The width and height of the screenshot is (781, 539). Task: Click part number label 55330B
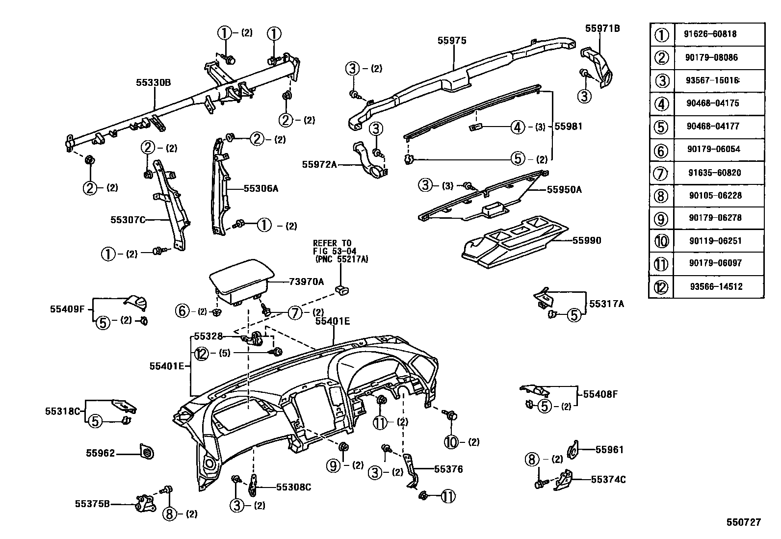(153, 83)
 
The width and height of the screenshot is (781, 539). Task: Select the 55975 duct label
(451, 41)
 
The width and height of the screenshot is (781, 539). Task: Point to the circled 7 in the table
(661, 173)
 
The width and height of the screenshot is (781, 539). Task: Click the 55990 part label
(587, 241)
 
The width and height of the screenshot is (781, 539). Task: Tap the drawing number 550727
(744, 522)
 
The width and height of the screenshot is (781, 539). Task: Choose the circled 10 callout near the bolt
(451, 442)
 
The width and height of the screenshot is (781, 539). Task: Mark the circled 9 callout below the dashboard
(334, 465)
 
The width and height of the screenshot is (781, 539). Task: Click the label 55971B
(602, 29)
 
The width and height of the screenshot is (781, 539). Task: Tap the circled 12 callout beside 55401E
(201, 353)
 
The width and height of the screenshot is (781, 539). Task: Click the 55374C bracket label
(608, 479)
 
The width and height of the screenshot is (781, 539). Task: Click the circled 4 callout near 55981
(518, 127)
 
